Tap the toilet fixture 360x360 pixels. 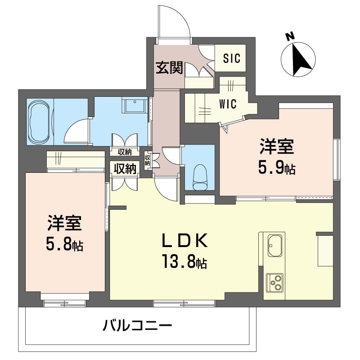pos(200,177)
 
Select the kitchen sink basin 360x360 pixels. pos(275,246)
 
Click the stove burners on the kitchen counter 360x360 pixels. pos(274,283)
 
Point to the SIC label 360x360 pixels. pos(232,58)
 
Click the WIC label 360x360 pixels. pos(228,104)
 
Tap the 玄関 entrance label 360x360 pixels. pos(170,68)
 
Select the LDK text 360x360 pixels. pos(185,240)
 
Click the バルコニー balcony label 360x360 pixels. pos(137,325)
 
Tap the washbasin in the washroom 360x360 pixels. pos(135,105)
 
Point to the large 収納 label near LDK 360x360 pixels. pos(125,169)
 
